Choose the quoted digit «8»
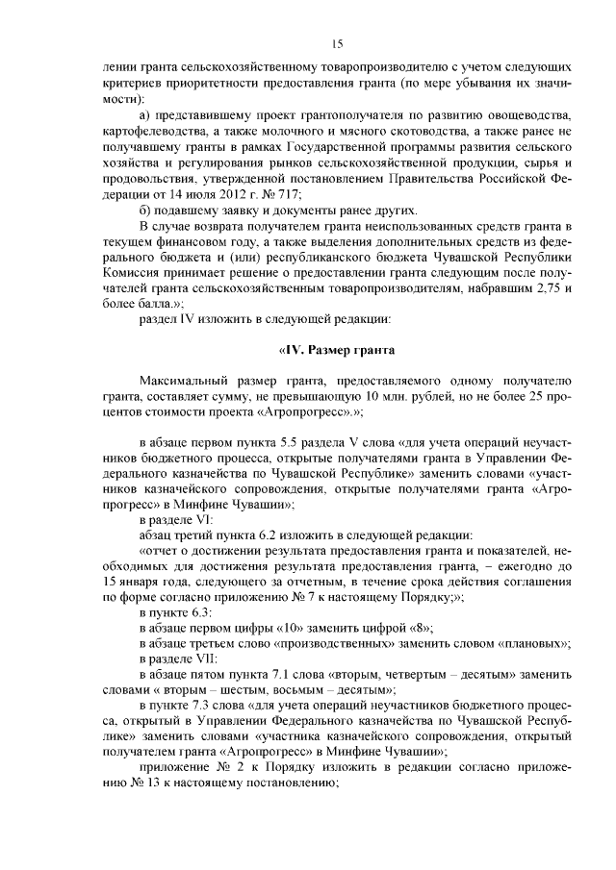point(422,626)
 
